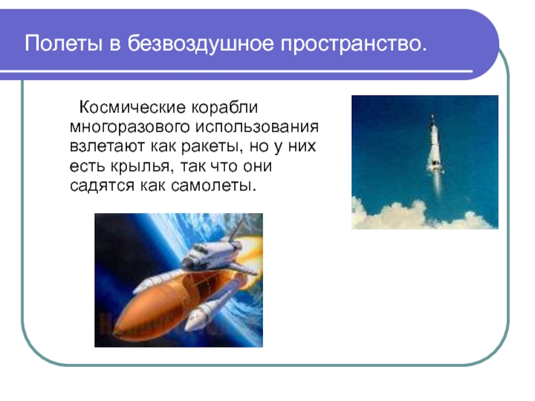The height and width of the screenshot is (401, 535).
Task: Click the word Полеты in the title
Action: click(x=64, y=43)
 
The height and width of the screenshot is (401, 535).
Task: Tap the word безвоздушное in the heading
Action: click(x=201, y=44)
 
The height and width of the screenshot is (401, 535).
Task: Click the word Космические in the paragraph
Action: click(x=132, y=108)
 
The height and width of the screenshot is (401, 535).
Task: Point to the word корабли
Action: click(x=224, y=108)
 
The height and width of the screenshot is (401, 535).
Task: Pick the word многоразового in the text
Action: click(x=130, y=128)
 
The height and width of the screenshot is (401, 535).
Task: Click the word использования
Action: click(x=257, y=128)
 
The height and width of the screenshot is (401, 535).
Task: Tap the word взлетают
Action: click(x=107, y=146)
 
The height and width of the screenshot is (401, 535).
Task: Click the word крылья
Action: click(x=140, y=166)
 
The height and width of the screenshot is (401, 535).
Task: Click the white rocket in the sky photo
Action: click(x=435, y=143)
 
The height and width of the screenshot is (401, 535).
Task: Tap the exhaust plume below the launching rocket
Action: click(x=437, y=184)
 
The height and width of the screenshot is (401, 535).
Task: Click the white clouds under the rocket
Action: click(x=423, y=215)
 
